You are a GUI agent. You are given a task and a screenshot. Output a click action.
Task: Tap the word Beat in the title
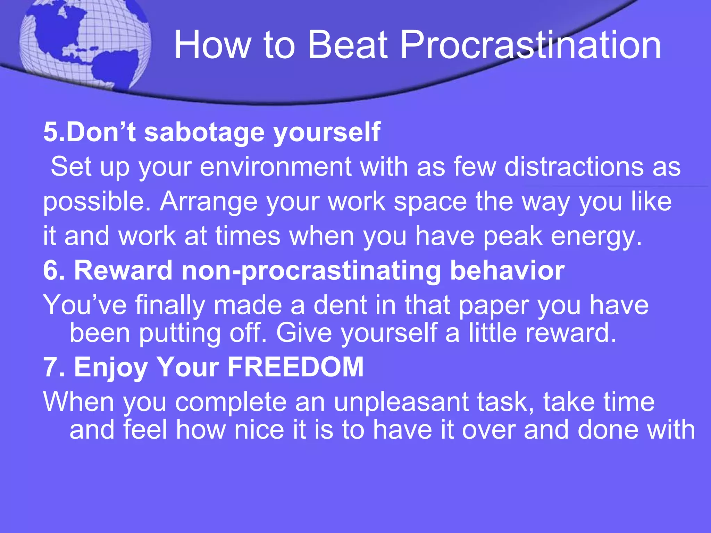click(x=348, y=45)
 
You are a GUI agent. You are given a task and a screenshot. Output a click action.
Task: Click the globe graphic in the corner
click(x=85, y=43)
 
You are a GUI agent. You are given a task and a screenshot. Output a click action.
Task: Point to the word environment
click(x=276, y=167)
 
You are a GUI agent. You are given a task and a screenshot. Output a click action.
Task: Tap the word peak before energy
click(x=512, y=236)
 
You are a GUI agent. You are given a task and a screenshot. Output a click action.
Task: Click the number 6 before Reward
click(x=51, y=271)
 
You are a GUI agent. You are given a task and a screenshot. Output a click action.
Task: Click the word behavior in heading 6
click(x=507, y=271)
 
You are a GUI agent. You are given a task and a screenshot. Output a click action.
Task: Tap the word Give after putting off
click(x=304, y=333)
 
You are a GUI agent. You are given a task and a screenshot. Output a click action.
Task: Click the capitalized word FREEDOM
click(x=295, y=367)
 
